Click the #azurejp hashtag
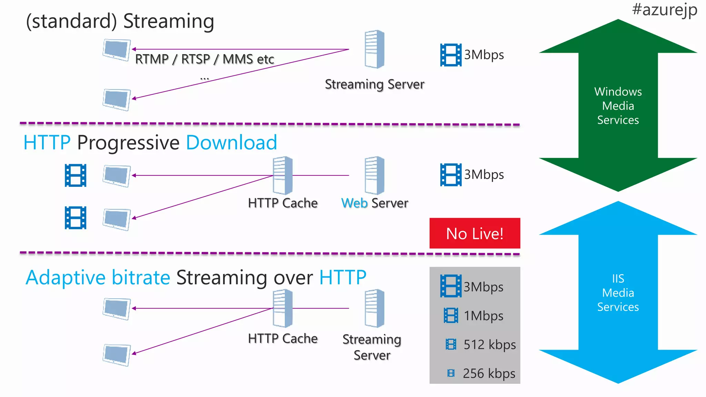coord(664,10)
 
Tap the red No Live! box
coord(474,233)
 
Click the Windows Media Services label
coord(618,105)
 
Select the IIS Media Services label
coord(618,292)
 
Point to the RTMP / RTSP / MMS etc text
coord(204,59)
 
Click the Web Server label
coord(374,203)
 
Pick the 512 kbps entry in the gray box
coord(489,344)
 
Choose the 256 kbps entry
coord(488,373)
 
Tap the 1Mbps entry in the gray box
coord(483,316)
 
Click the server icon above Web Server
coord(374,175)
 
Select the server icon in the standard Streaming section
coord(374,49)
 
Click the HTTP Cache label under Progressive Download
coord(283,203)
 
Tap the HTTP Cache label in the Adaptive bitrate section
coord(283,338)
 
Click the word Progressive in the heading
coord(128,143)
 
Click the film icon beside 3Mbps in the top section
coord(451,55)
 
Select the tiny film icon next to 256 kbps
coord(451,373)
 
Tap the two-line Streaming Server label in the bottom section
coord(372,347)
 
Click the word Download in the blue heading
coord(231,143)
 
